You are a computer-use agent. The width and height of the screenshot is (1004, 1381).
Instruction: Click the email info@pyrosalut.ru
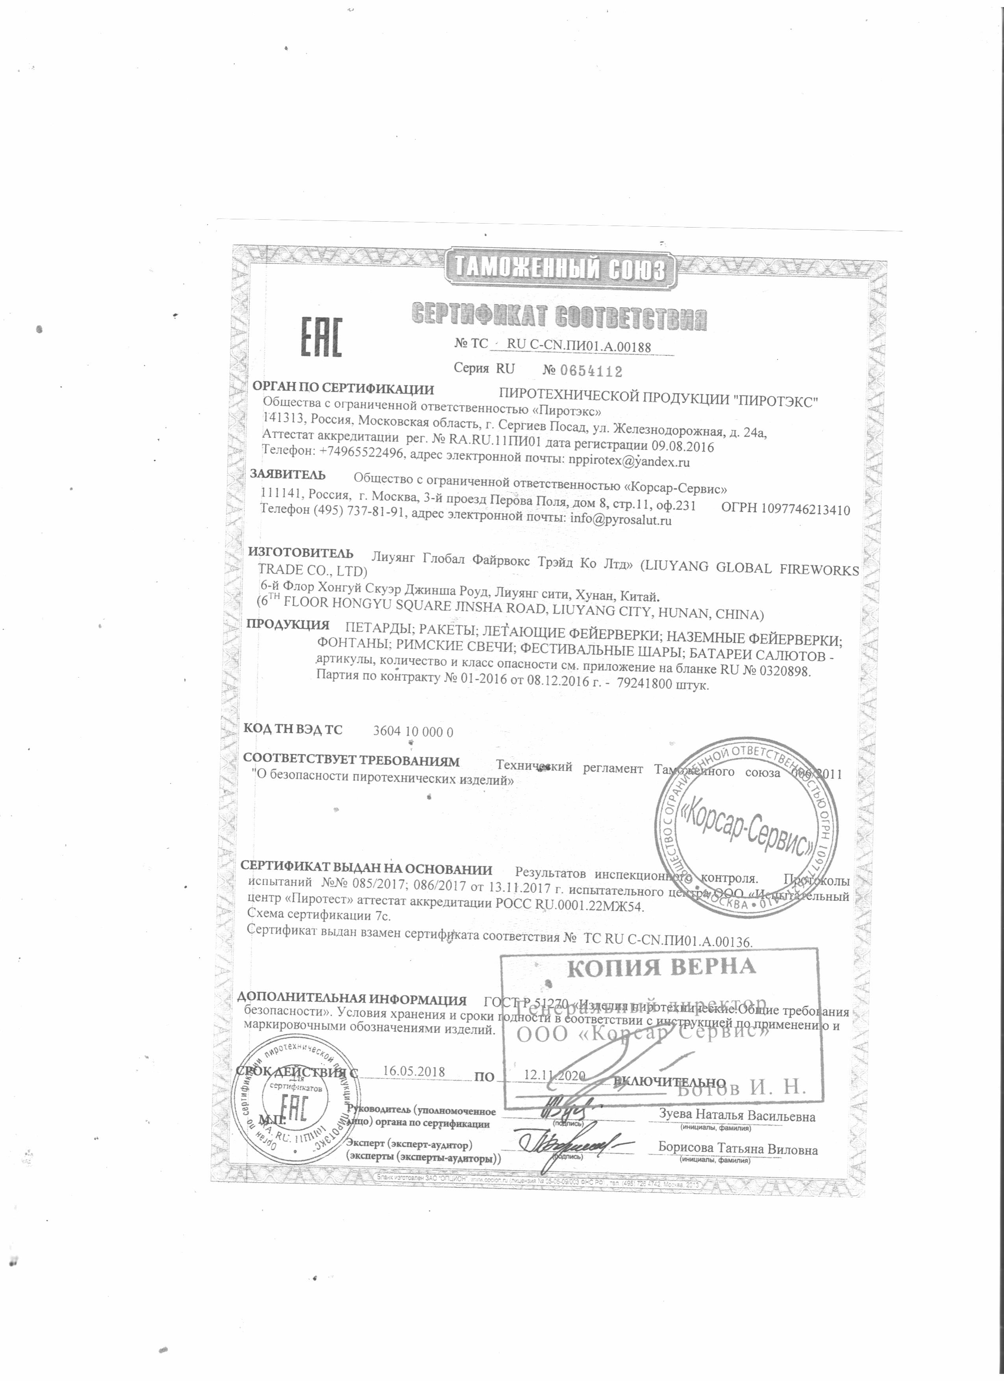620,520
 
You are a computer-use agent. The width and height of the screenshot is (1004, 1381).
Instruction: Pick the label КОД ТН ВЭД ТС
293,729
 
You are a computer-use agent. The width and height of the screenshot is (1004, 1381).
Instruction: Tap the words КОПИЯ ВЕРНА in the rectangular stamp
661,968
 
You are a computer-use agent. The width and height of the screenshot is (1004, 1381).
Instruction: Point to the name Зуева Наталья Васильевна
737,1117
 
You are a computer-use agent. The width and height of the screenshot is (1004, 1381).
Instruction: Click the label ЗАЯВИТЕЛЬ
288,475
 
